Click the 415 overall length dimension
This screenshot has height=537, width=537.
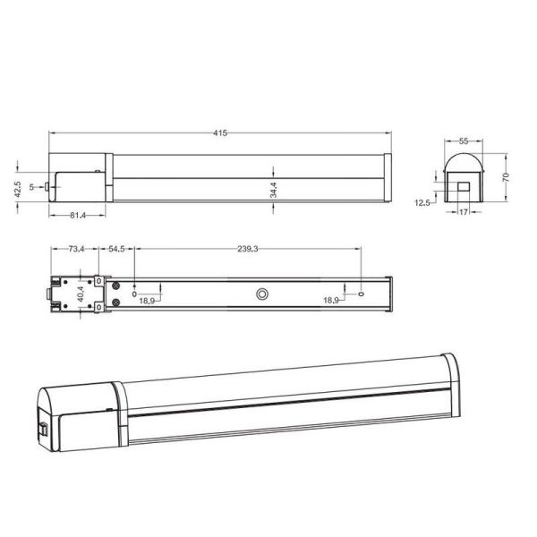click(x=220, y=133)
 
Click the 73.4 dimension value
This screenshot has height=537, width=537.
click(x=75, y=249)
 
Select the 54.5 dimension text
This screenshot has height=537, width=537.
click(x=117, y=249)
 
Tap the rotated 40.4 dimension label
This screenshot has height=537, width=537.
click(x=80, y=294)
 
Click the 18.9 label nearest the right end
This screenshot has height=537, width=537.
click(x=332, y=301)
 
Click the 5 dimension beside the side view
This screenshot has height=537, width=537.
click(x=31, y=187)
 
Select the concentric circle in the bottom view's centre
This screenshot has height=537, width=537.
click(x=262, y=294)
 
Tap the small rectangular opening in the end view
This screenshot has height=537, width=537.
click(x=465, y=187)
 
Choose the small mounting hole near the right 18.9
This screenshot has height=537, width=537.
click(x=362, y=293)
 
